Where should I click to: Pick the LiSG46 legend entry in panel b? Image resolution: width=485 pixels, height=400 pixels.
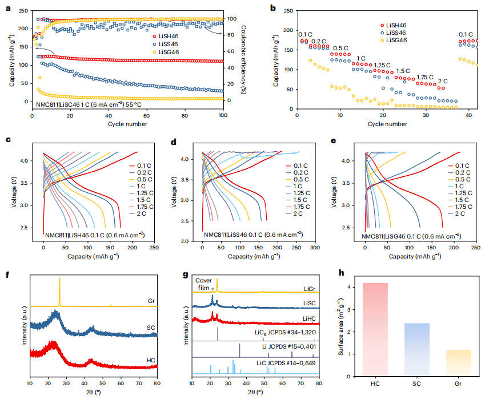coord(395,41)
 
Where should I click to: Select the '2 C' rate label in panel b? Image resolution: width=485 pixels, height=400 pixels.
coord(443,81)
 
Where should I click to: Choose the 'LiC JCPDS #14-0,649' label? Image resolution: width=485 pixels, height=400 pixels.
coord(288,363)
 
